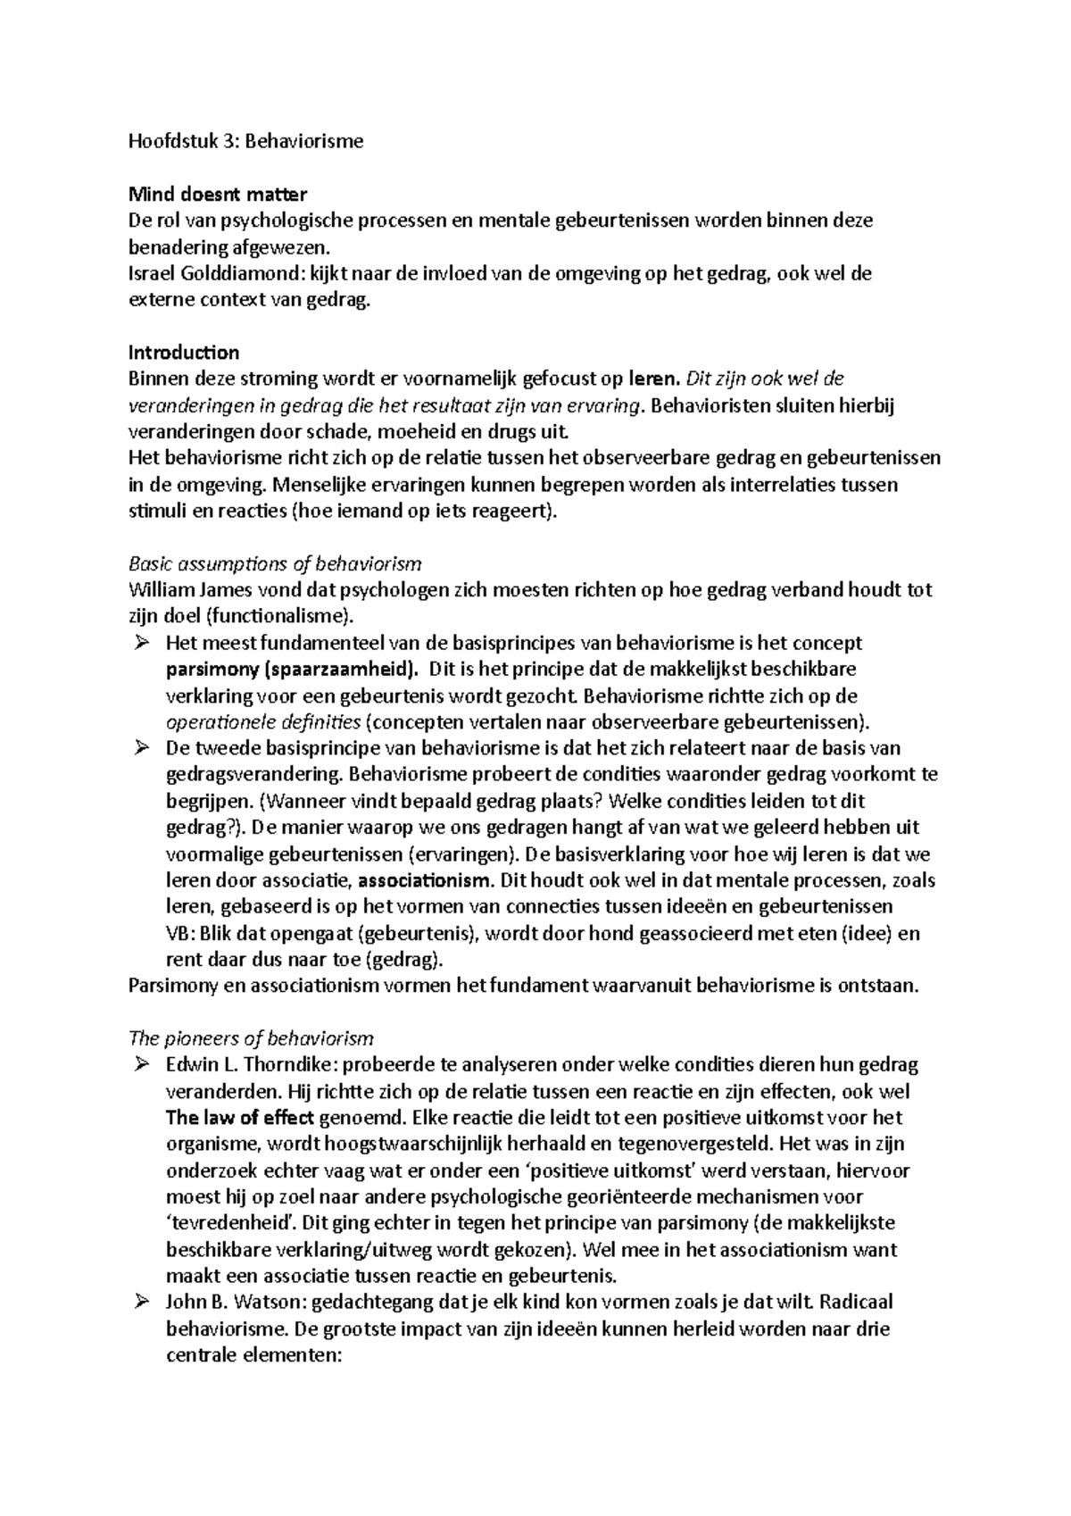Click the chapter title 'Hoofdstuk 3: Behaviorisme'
coord(246,141)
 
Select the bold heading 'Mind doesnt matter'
coord(218,194)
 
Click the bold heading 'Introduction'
coord(184,353)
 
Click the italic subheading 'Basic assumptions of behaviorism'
coord(275,564)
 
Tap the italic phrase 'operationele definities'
coord(263,721)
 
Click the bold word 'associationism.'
coord(424,880)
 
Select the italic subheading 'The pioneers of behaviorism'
coord(251,1039)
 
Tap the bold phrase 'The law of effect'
coord(239,1118)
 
